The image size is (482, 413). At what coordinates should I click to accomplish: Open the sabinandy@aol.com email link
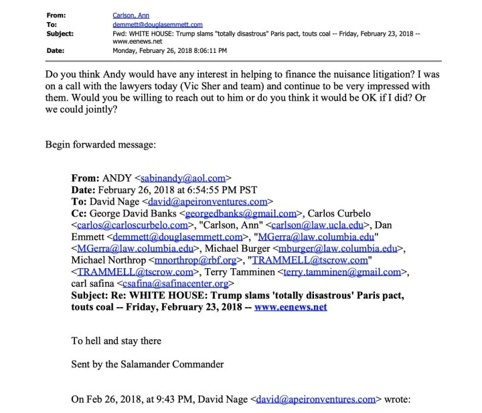pos(183,178)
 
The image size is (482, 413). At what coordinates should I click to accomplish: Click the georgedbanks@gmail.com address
pos(249,213)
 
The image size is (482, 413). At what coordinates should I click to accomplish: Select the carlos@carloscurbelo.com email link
pos(133,225)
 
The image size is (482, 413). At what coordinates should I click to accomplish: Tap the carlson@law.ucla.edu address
pos(301,225)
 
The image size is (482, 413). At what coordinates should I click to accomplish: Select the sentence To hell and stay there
pos(116,341)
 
